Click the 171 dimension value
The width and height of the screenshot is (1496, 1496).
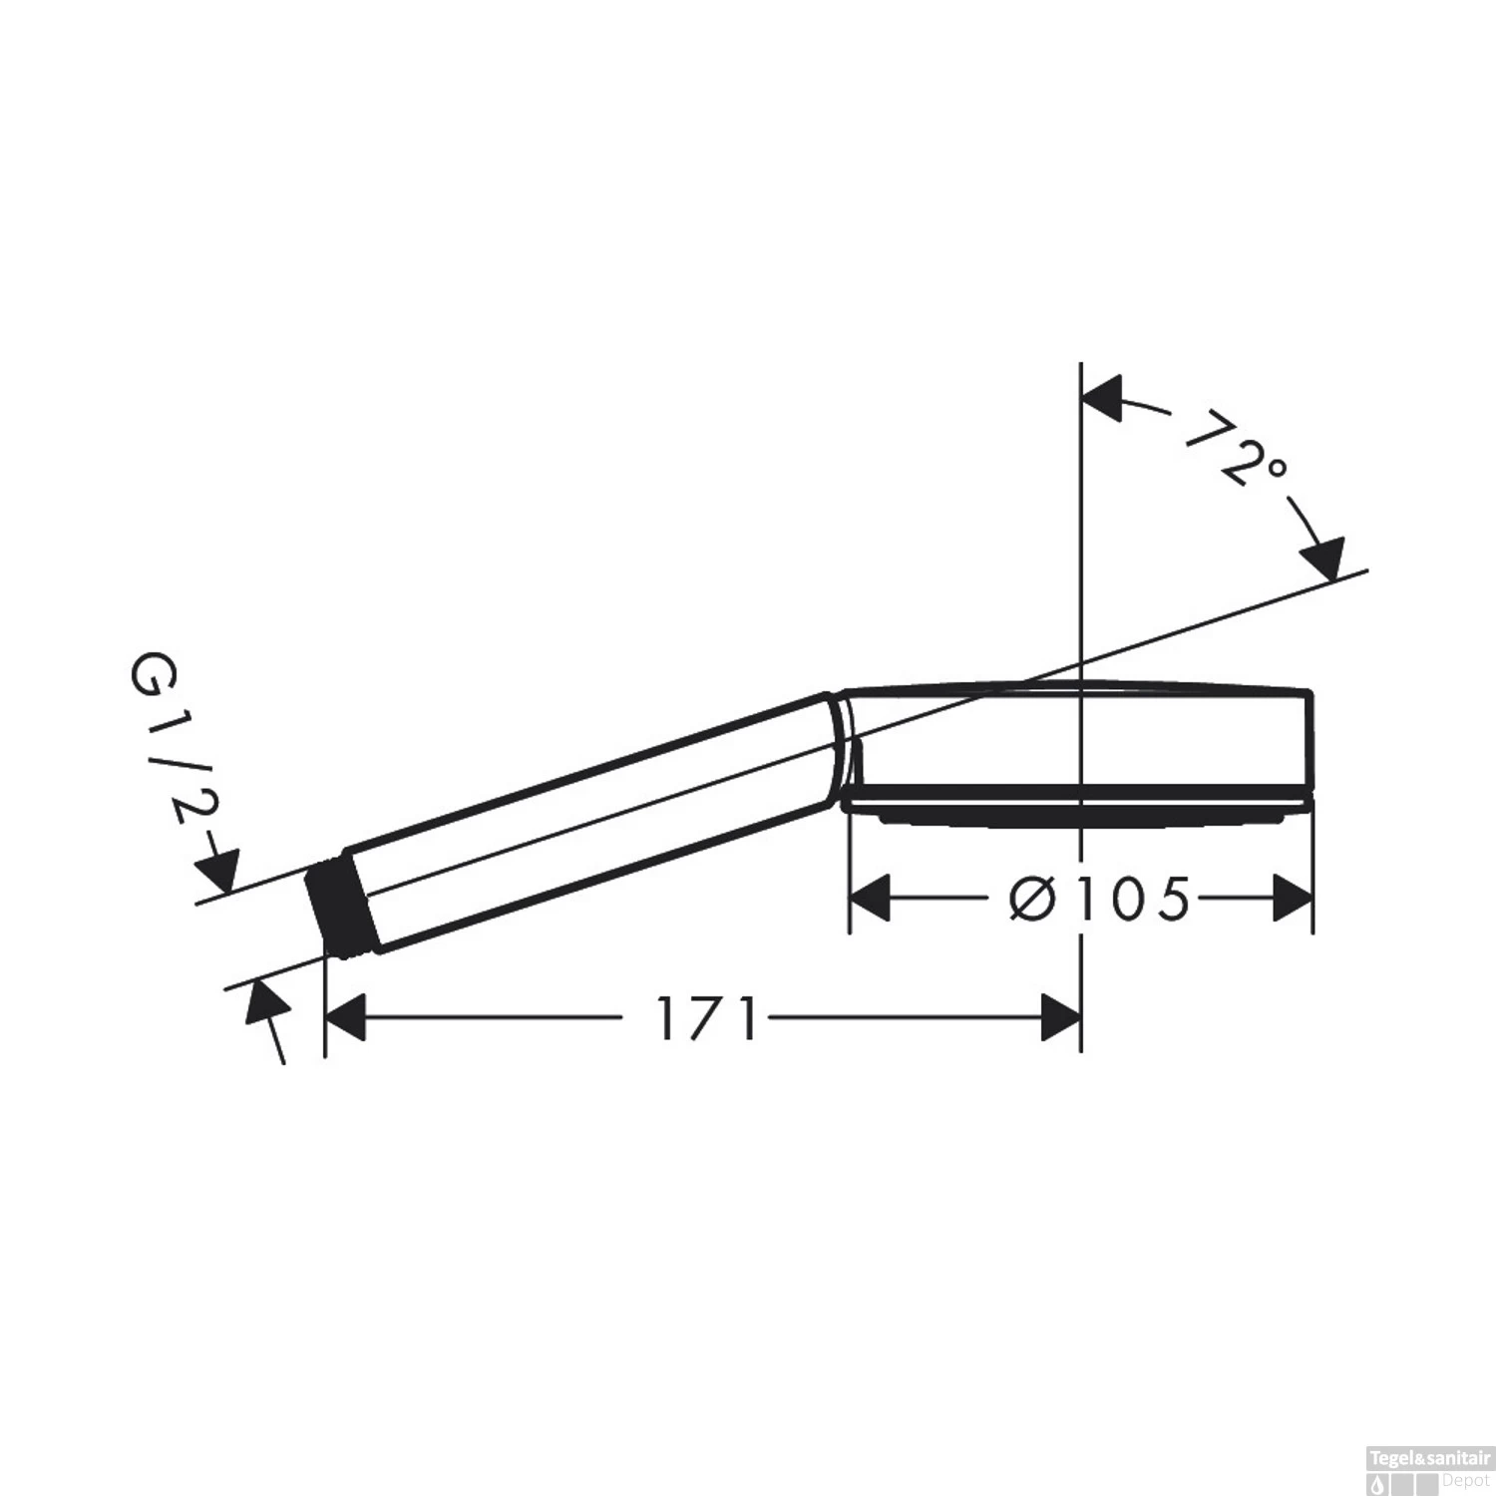pyautogui.click(x=707, y=1018)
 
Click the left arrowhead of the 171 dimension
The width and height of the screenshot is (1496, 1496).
pyautogui.click(x=346, y=1018)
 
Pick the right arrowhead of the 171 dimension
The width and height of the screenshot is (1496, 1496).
pyautogui.click(x=1060, y=1018)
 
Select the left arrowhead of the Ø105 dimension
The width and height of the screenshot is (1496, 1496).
pyautogui.click(x=870, y=899)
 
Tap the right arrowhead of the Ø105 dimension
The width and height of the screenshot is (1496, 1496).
pyautogui.click(x=1293, y=899)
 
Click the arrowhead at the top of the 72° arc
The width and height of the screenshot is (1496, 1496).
pyautogui.click(x=1103, y=400)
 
